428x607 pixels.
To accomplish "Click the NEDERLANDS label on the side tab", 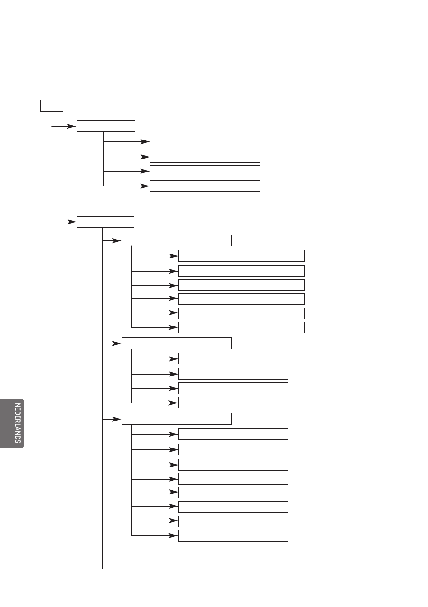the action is click(x=18, y=423).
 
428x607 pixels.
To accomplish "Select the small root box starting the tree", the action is click(x=51, y=106).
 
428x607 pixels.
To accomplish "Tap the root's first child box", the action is click(x=106, y=126).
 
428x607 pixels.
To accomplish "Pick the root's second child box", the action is click(x=105, y=222).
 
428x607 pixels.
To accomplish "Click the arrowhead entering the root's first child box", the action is click(x=72, y=126).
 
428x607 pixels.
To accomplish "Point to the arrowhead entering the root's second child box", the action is click(x=72, y=222).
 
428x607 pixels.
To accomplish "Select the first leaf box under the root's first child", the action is click(x=205, y=141).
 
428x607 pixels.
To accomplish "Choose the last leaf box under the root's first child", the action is click(x=205, y=186).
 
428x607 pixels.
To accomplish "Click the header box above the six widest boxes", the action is click(x=177, y=240).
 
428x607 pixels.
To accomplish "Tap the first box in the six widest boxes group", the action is click(x=241, y=256).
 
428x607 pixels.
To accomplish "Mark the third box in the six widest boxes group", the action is click(x=241, y=285).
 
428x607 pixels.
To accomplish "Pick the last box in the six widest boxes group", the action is click(x=241, y=327).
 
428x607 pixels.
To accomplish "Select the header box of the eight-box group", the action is click(x=177, y=419).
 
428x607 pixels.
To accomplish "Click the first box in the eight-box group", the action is click(x=233, y=434).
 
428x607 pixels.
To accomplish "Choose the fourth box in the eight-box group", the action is click(x=233, y=479).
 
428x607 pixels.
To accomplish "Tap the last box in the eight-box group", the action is click(x=233, y=536).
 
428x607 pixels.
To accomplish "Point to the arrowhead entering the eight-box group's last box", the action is click(x=173, y=536).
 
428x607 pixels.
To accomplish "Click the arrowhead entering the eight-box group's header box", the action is click(x=117, y=420).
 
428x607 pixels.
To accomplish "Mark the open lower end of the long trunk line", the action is click(x=102, y=569).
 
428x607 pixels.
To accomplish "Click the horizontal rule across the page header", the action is click(x=224, y=34).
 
